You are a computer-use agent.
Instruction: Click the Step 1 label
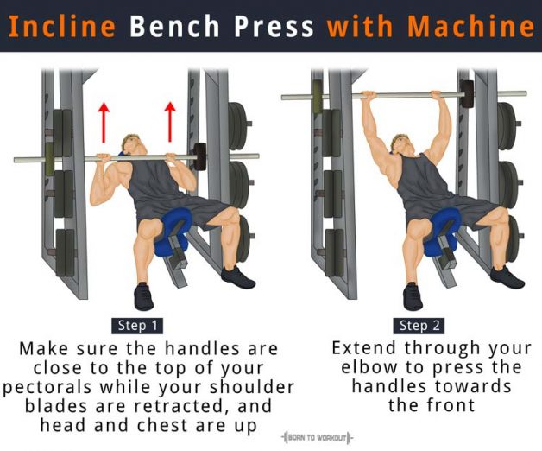tap(137, 326)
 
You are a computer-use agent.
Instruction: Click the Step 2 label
tap(421, 326)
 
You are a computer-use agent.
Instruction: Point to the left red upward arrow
tap(104, 121)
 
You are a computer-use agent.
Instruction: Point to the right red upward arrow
tap(170, 121)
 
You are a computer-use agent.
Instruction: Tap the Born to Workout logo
tap(317, 438)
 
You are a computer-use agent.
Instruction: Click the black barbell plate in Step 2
tap(467, 93)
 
